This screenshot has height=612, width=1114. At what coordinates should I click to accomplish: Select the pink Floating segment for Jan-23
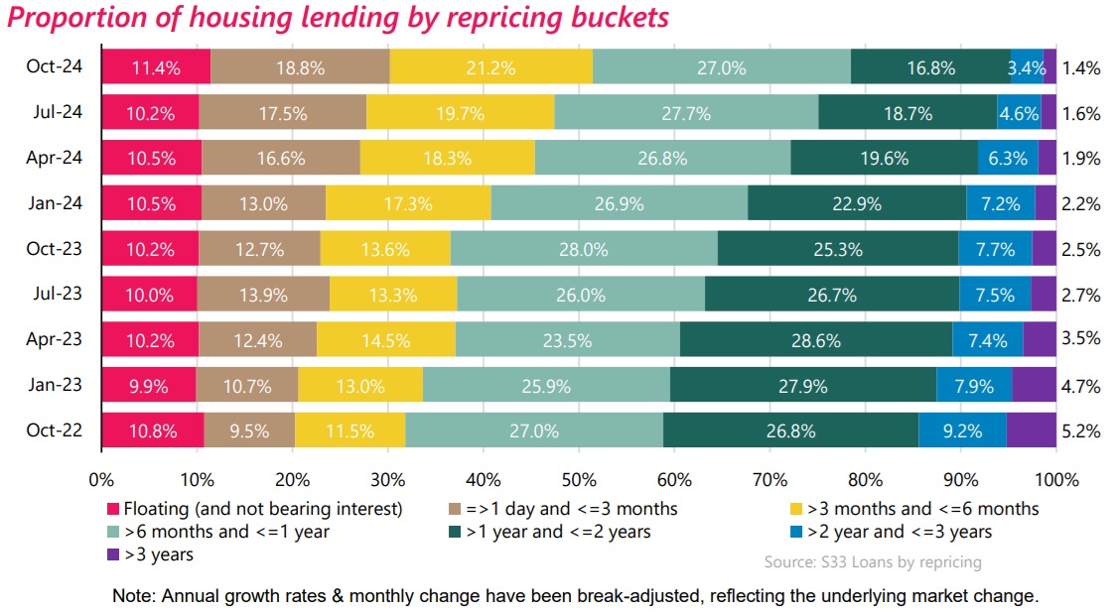tap(148, 385)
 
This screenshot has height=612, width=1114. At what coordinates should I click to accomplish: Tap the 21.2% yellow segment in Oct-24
tap(490, 67)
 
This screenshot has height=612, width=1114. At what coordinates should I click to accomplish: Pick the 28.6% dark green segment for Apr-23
tap(815, 340)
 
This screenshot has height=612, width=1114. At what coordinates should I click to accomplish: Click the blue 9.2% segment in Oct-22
tap(962, 430)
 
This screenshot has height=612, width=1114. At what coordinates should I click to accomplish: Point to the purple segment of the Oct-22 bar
tap(1032, 430)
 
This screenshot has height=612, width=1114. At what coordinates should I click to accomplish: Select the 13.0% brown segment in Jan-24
tap(263, 204)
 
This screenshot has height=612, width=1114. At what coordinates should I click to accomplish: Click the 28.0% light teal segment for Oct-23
tap(583, 249)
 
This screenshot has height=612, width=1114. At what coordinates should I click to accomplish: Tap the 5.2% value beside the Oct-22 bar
tap(1081, 430)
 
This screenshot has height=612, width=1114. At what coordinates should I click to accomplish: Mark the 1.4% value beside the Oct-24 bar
tap(1081, 67)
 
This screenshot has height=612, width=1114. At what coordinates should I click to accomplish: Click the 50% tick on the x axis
tap(579, 480)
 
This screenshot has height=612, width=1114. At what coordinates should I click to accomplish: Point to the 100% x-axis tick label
tap(1055, 480)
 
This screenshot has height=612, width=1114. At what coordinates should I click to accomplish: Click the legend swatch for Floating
tap(113, 510)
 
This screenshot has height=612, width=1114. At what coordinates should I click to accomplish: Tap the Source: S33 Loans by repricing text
tap(873, 562)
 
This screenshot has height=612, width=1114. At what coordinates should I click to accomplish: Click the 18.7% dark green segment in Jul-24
tap(906, 113)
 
